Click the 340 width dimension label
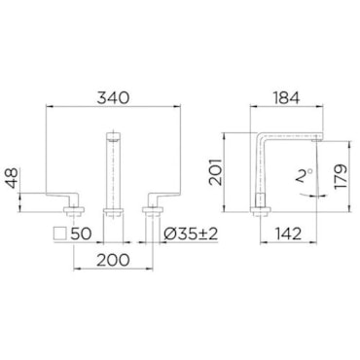click(x=113, y=97)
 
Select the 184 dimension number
click(x=285, y=97)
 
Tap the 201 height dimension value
click(x=215, y=171)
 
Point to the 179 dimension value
click(x=341, y=176)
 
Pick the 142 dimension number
click(x=288, y=234)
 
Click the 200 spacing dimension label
click(x=113, y=260)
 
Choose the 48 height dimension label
click(x=13, y=178)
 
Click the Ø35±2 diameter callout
click(x=191, y=234)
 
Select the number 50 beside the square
click(x=81, y=234)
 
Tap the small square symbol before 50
click(x=60, y=234)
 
